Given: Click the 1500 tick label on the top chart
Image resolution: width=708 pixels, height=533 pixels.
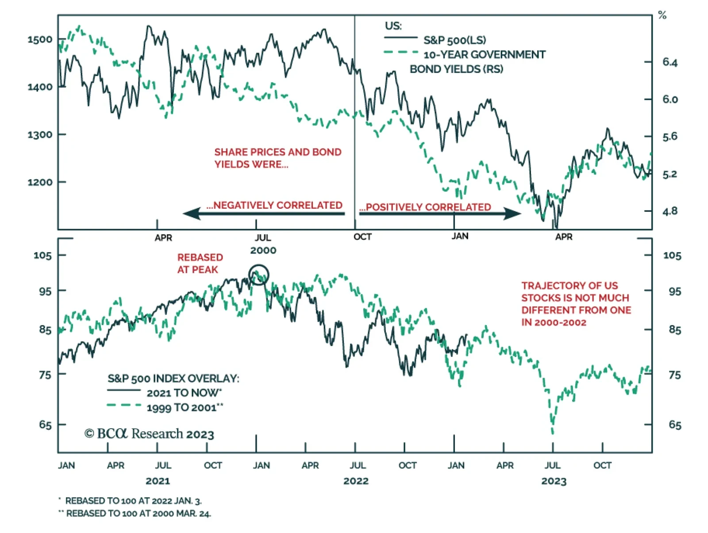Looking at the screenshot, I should [40, 39].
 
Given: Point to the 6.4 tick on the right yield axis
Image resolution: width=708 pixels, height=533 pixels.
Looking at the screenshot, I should [670, 62].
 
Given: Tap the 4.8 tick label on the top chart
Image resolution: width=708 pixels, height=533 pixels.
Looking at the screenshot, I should [670, 211].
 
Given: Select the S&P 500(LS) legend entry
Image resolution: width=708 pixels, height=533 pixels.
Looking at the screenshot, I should [454, 40].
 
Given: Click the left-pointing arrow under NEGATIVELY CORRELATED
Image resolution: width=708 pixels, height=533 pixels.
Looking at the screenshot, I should [264, 214].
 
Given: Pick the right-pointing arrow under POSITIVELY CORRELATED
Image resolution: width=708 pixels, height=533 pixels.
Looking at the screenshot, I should [440, 214].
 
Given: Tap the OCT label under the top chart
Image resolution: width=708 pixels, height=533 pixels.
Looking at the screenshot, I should [362, 237].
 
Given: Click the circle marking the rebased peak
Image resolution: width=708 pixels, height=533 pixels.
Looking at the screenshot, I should [259, 275].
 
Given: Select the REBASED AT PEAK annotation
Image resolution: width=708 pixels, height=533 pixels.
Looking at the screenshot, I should [200, 263].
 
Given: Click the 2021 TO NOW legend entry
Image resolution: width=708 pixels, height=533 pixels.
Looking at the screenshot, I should [184, 393].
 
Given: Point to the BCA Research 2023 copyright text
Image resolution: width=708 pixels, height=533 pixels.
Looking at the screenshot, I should [150, 434].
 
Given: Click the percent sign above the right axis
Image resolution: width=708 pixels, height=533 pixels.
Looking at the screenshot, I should [662, 15].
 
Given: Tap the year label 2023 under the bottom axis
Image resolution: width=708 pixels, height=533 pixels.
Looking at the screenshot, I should [554, 481].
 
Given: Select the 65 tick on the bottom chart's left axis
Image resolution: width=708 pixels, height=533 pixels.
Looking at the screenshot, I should [45, 425].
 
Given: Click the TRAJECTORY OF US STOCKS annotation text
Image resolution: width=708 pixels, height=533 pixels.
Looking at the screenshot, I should [576, 304].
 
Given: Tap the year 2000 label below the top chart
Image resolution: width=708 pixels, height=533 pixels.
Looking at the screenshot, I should [263, 250].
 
